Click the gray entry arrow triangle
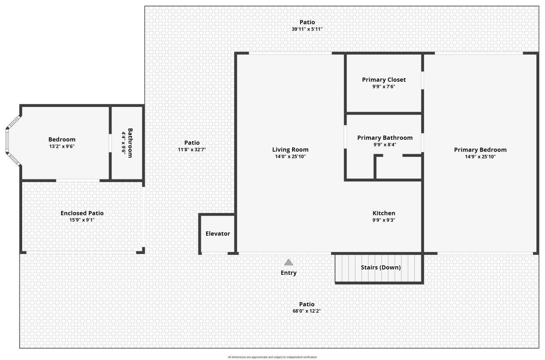(x=289, y=262)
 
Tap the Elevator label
(x=218, y=233)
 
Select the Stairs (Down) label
(x=381, y=268)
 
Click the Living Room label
(x=290, y=150)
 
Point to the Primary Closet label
(x=384, y=80)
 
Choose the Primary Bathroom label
(x=384, y=138)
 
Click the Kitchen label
(x=384, y=213)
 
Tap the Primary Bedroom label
(x=480, y=150)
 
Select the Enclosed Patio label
(x=82, y=213)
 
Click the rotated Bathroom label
(x=130, y=143)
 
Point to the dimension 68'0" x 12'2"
(x=307, y=311)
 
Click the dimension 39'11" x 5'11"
(x=307, y=29)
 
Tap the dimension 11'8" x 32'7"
(x=192, y=150)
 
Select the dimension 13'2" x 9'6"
(x=62, y=146)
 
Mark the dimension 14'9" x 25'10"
(x=480, y=156)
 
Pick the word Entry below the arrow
(x=289, y=273)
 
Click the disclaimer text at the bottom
(x=272, y=357)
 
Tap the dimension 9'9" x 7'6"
(x=384, y=86)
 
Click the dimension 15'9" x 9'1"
(x=82, y=220)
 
